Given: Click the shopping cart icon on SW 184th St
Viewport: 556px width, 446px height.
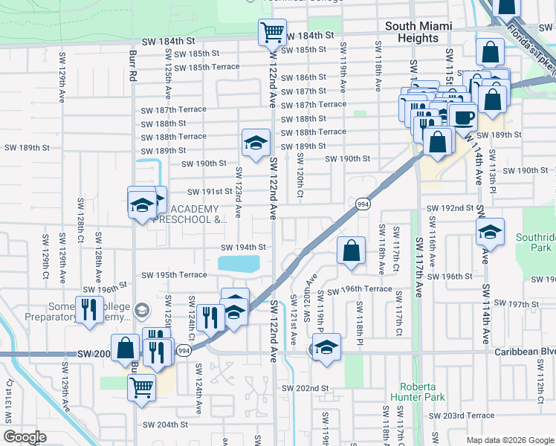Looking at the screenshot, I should pyautogui.click(x=272, y=33).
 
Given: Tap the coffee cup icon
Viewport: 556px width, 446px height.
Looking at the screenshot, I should pyautogui.click(x=463, y=117).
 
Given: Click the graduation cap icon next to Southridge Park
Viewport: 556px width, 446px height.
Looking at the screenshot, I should pyautogui.click(x=490, y=232).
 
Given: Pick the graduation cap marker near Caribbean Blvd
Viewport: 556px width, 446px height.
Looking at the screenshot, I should pyautogui.click(x=326, y=347).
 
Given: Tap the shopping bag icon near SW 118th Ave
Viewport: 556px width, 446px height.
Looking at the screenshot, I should pyautogui.click(x=351, y=251).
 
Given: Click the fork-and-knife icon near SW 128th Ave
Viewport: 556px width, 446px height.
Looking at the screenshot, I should pyautogui.click(x=89, y=310).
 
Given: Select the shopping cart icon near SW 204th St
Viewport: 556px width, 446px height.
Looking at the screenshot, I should pyautogui.click(x=141, y=387).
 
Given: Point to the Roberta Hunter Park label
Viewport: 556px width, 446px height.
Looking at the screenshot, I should pyautogui.click(x=422, y=392).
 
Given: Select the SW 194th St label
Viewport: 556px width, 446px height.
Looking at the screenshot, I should pyautogui.click(x=244, y=248).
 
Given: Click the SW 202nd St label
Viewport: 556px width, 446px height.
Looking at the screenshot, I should pyautogui.click(x=305, y=388).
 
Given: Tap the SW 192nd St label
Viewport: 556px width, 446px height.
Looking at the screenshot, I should pyautogui.click(x=450, y=208).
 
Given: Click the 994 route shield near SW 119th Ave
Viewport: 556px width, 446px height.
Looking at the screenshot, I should pyautogui.click(x=363, y=204).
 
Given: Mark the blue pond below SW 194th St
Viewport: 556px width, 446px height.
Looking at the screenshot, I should pyautogui.click(x=239, y=264).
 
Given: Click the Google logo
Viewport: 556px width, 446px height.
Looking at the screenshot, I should pyautogui.click(x=25, y=437).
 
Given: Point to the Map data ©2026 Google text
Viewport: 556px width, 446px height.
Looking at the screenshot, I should pyautogui.click(x=508, y=440).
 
